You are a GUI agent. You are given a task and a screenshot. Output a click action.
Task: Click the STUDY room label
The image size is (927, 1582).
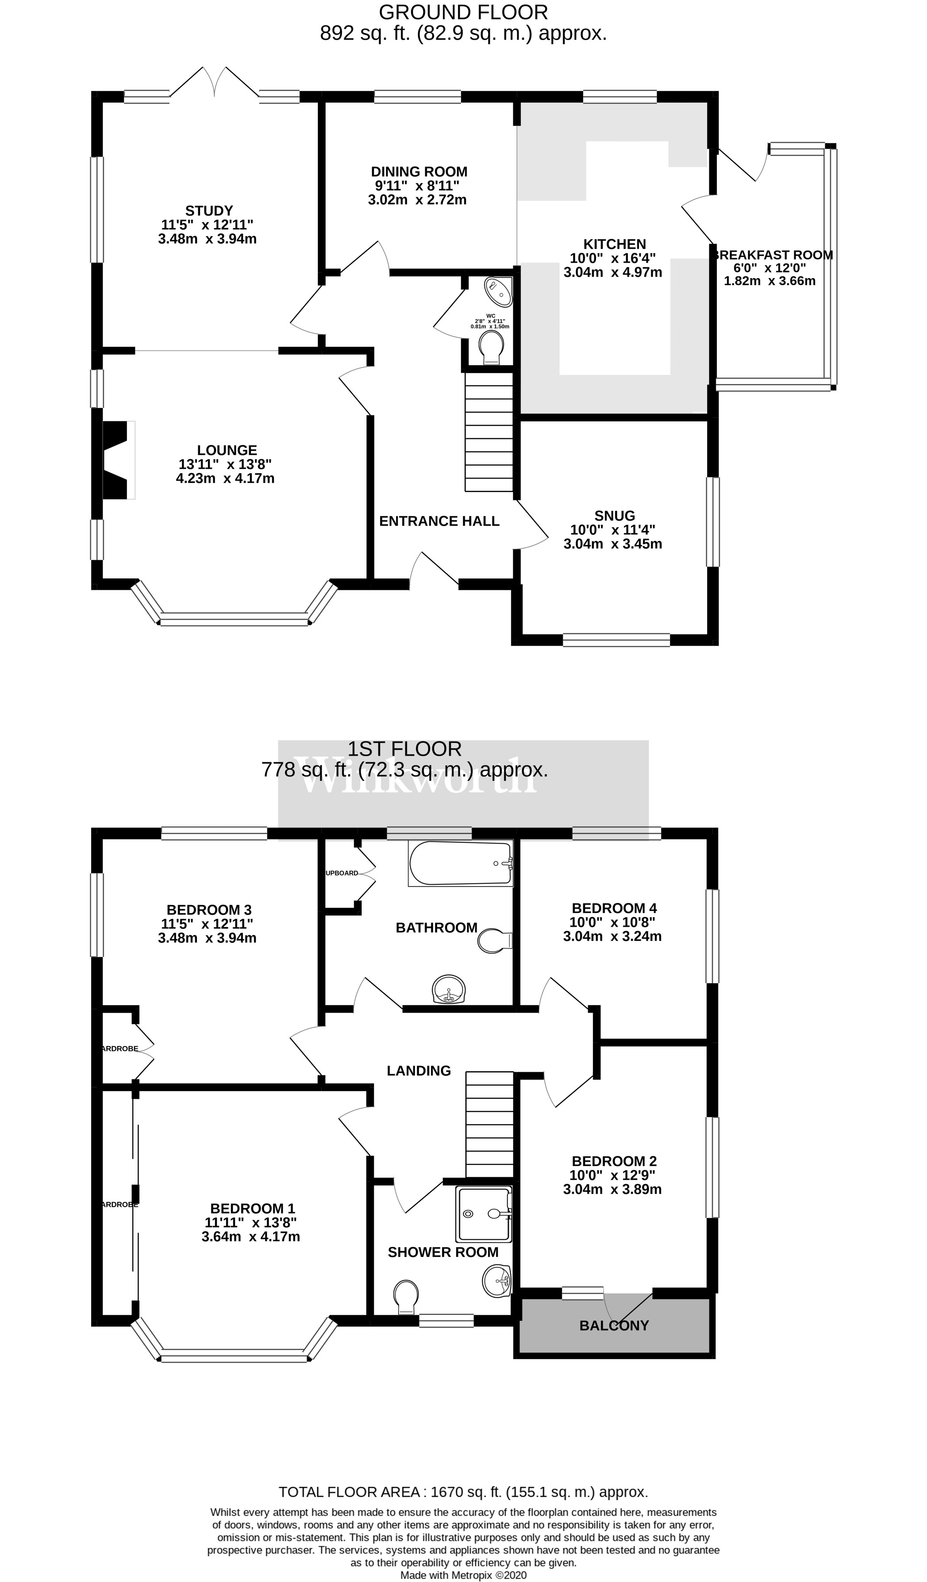pos(209,211)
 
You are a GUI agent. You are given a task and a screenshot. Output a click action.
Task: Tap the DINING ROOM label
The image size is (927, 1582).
pos(419,172)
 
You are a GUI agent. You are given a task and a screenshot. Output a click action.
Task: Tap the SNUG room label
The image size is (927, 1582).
pos(614,516)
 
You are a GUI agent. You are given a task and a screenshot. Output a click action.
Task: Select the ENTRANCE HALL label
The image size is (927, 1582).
pos(439,521)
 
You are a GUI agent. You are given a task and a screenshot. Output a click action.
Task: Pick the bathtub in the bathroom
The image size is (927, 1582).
pos(460,863)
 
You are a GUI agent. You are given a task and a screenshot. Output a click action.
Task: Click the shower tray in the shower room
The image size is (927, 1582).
pos(484,1214)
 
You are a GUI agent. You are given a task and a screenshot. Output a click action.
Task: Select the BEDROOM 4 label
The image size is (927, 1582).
pos(614,909)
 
